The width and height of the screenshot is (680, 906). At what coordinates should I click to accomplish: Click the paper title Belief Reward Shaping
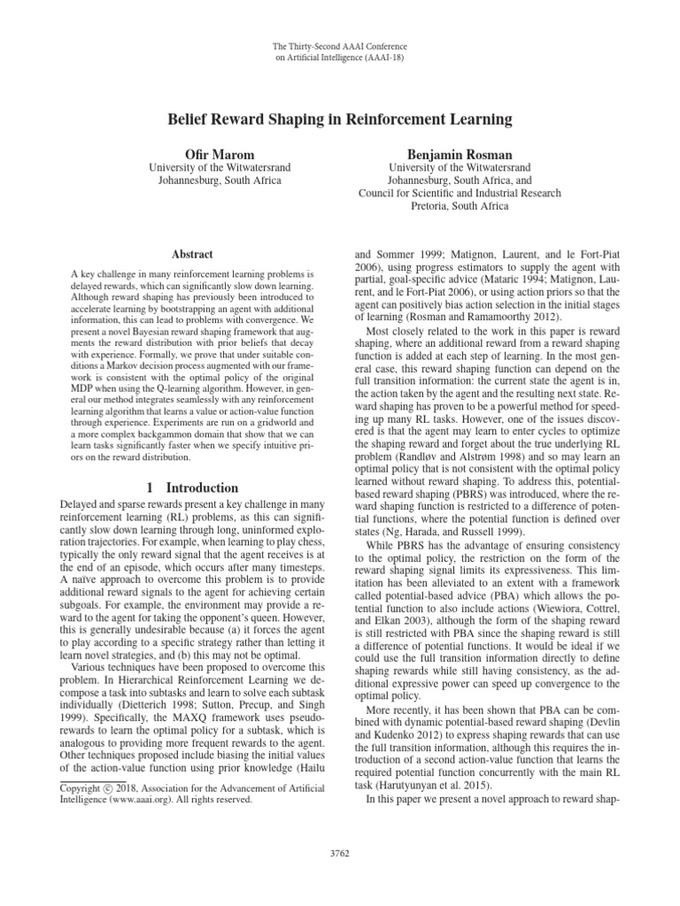coord(340,118)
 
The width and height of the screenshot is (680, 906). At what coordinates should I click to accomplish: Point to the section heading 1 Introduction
coord(192,488)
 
